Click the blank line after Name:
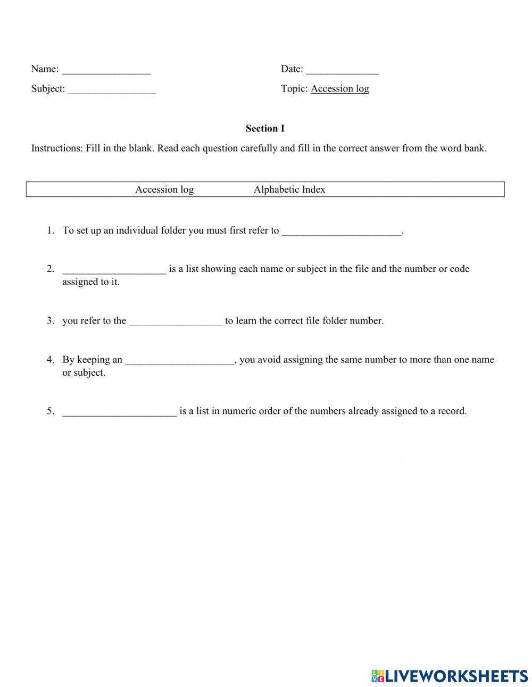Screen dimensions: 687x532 [106, 70]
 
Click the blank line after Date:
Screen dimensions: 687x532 [342, 70]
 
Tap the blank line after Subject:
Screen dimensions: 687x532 [112, 89]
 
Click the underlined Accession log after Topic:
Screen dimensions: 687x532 [339, 89]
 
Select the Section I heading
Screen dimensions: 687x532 [265, 128]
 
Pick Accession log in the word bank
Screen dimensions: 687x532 [164, 189]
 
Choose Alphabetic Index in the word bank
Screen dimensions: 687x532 [289, 189]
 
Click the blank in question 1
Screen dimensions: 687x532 [341, 231]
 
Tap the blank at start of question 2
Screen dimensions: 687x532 [114, 269]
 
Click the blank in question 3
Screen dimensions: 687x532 [175, 321]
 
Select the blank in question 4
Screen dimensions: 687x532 [179, 360]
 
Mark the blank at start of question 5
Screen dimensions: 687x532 [119, 411]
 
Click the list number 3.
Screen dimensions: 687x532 [50, 321]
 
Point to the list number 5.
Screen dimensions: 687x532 [50, 411]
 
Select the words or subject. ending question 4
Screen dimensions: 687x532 [84, 373]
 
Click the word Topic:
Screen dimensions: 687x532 [294, 89]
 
